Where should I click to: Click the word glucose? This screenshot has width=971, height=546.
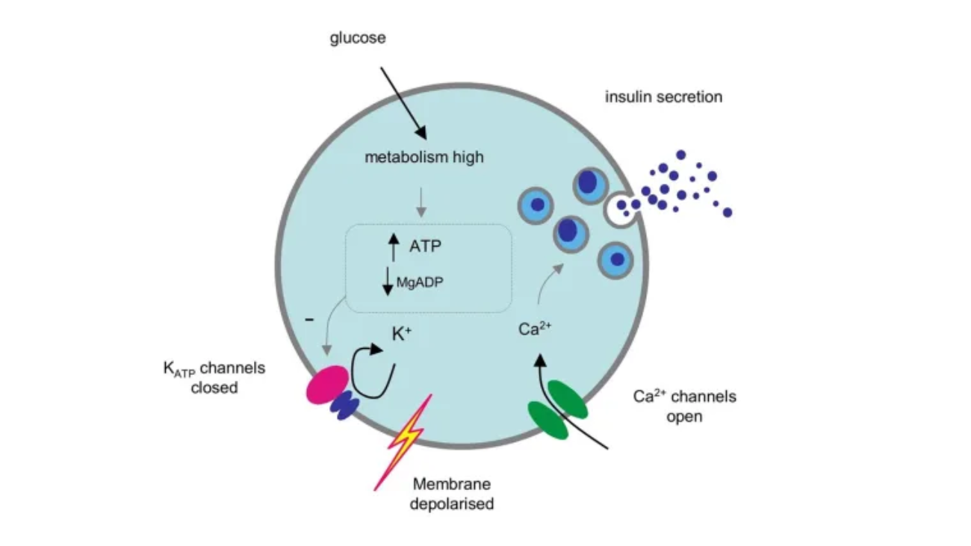tap(358, 38)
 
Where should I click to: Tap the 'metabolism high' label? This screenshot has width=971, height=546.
tap(424, 158)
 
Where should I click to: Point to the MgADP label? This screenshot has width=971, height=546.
tap(422, 282)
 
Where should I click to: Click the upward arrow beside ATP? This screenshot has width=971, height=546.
tap(394, 246)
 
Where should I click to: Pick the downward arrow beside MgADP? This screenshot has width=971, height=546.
tap(387, 280)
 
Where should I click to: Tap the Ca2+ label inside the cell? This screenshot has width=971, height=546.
tap(534, 329)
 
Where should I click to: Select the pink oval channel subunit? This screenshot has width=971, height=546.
tap(326, 384)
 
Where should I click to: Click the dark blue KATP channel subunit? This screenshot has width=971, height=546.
tap(345, 406)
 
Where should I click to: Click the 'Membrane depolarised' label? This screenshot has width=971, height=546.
tap(453, 493)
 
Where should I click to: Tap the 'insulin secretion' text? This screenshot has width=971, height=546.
tap(663, 96)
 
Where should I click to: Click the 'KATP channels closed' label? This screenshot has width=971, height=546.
tap(214, 377)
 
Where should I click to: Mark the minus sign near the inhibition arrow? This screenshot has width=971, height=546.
tap(309, 320)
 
